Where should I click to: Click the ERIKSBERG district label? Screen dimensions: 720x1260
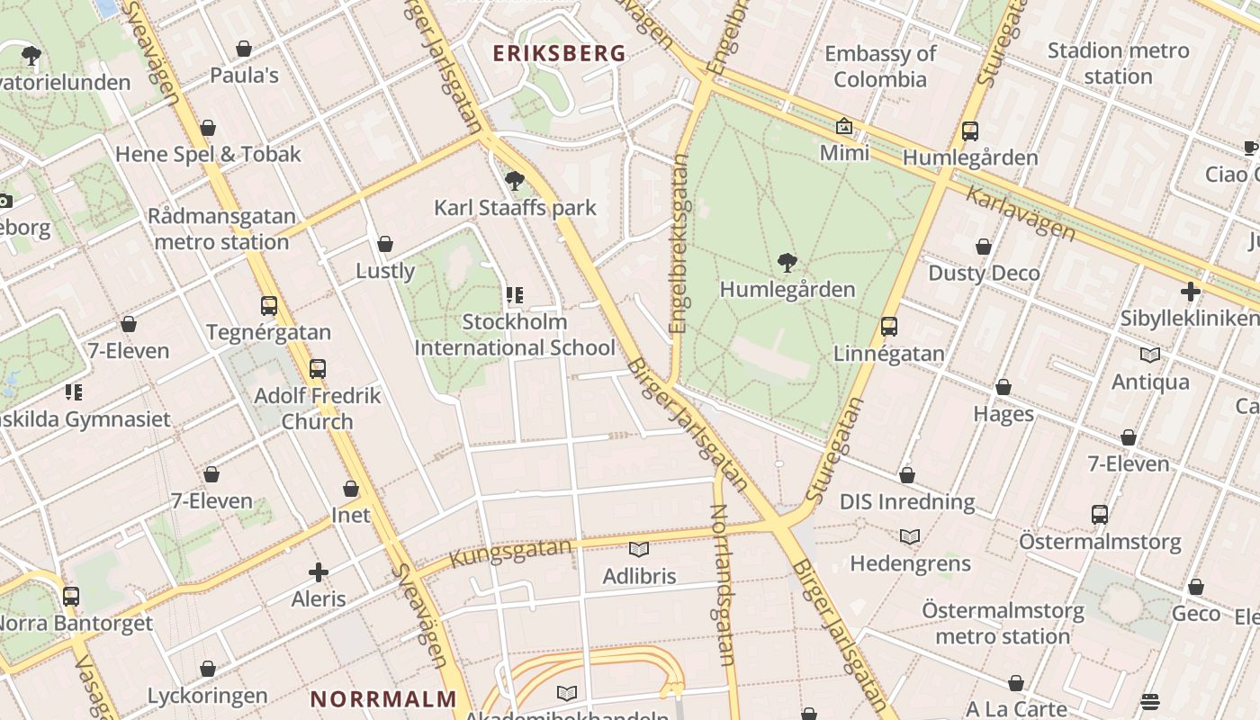pyautogui.click(x=559, y=53)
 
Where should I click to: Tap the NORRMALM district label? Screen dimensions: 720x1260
pyautogui.click(x=384, y=698)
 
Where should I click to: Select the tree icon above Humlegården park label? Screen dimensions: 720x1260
pyautogui.click(x=787, y=263)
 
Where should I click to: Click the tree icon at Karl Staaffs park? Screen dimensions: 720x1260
pyautogui.click(x=515, y=181)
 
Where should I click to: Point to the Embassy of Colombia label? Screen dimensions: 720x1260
pyautogui.click(x=880, y=67)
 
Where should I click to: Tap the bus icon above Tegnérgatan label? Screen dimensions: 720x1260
pyautogui.click(x=269, y=306)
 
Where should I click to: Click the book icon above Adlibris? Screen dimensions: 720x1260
pyautogui.click(x=639, y=549)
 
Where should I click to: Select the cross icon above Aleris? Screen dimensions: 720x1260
pyautogui.click(x=319, y=572)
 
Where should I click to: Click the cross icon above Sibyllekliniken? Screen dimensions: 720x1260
pyautogui.click(x=1191, y=292)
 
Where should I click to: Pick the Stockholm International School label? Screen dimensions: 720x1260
pyautogui.click(x=515, y=335)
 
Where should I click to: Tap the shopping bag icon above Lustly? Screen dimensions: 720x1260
pyautogui.click(x=385, y=244)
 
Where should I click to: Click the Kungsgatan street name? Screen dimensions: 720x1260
pyautogui.click(x=510, y=553)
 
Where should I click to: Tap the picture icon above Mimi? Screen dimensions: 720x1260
pyautogui.click(x=844, y=127)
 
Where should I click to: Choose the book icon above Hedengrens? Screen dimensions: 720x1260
pyautogui.click(x=910, y=537)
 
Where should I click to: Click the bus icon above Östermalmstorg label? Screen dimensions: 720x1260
pyautogui.click(x=1100, y=515)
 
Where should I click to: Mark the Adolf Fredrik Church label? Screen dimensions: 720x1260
pyautogui.click(x=318, y=409)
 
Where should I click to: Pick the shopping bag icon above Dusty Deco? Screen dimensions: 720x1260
pyautogui.click(x=984, y=247)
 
